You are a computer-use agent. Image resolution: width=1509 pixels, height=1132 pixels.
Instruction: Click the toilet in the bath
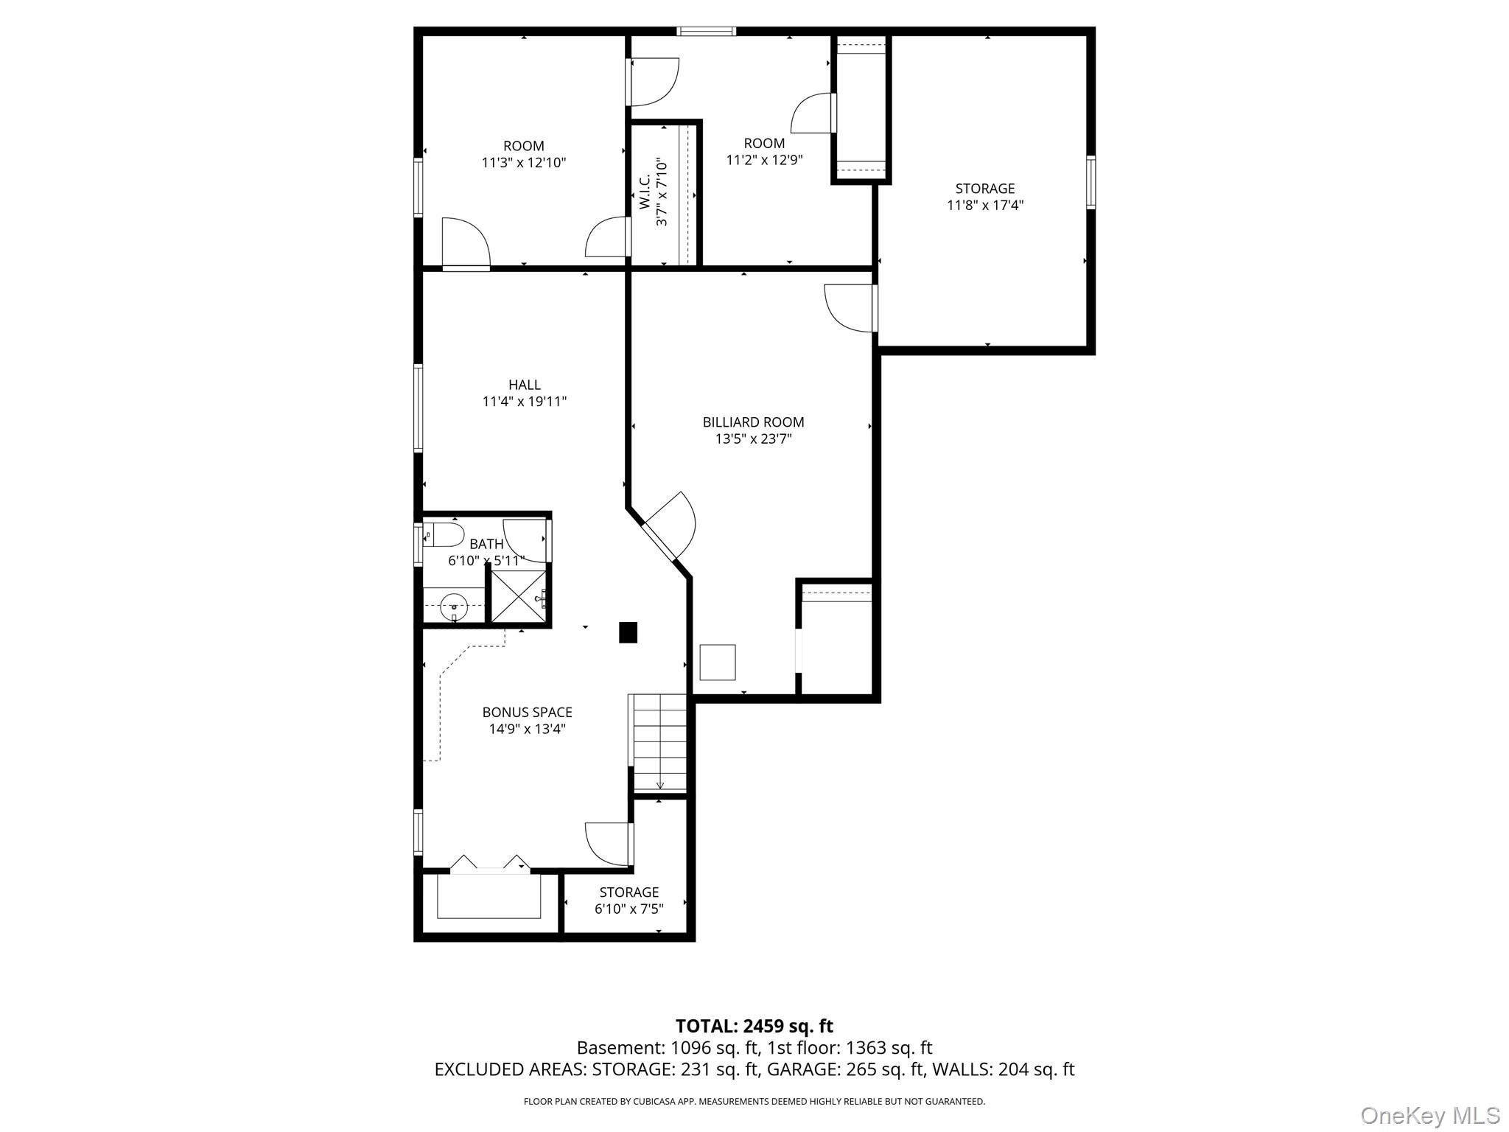tap(444, 534)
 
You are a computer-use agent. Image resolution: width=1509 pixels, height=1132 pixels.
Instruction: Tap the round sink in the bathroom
tap(454, 607)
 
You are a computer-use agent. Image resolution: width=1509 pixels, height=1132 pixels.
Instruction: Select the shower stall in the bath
tap(519, 598)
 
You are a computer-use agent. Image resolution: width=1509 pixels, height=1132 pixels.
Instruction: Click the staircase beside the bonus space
tap(659, 742)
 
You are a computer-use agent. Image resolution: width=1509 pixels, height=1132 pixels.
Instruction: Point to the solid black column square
tap(628, 632)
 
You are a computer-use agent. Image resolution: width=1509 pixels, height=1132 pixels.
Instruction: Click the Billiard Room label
tap(753, 422)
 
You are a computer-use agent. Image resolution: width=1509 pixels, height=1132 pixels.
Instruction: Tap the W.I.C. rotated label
tap(645, 191)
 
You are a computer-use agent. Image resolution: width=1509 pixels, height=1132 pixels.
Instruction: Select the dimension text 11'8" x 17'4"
tap(985, 206)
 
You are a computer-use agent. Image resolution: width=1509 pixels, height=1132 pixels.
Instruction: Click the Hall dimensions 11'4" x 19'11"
tap(525, 402)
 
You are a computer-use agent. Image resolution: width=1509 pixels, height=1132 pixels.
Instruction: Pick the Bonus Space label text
tap(528, 713)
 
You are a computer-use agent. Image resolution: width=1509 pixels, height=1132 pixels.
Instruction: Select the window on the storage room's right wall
tap(1091, 183)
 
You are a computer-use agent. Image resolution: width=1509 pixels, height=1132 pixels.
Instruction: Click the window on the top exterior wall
tap(707, 31)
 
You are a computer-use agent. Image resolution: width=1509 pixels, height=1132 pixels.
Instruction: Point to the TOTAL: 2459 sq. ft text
tap(754, 1026)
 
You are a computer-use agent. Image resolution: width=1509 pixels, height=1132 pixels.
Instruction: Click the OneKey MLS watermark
tap(1430, 1115)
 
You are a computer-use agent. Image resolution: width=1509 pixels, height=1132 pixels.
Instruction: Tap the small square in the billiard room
tap(718, 662)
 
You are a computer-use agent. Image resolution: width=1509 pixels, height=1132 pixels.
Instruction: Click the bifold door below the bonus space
tap(490, 864)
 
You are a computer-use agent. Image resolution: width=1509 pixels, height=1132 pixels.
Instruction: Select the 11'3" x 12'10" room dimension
tap(524, 163)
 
